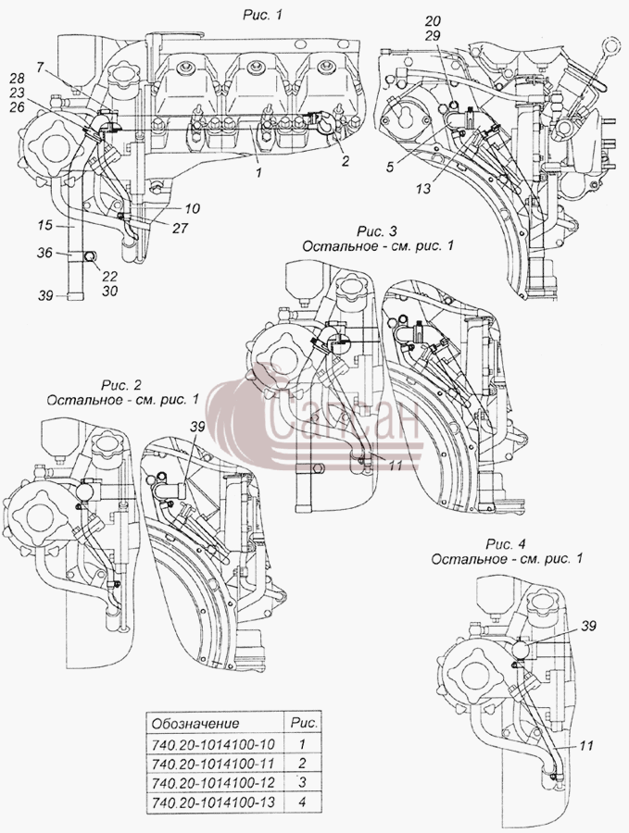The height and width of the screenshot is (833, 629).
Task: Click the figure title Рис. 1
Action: coord(261,15)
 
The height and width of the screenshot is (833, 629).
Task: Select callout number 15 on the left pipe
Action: coord(45,225)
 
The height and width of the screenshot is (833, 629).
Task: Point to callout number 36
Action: coord(45,253)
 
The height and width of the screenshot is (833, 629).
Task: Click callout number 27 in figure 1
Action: coord(181,227)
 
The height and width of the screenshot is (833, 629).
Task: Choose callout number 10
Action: coord(193,208)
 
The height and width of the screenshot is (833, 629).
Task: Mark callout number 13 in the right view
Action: coord(423,188)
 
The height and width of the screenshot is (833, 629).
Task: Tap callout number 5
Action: coord(390,168)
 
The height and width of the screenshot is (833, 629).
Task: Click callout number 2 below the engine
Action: coord(346,161)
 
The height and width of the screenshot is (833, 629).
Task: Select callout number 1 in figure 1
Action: coord(258,173)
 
